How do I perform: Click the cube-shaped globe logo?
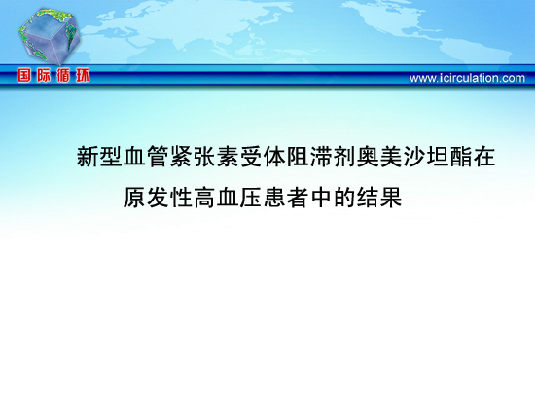point(50,36)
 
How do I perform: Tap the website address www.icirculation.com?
point(467,78)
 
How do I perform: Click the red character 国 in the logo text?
point(24,75)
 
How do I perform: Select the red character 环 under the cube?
point(83,75)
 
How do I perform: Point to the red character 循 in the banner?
point(63,75)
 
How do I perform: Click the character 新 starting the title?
point(88,157)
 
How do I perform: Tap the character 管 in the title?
point(158,157)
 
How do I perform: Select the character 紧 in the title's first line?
point(181,157)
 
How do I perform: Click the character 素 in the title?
point(228,157)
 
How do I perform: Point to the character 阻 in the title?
point(298,157)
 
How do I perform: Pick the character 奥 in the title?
point(368,157)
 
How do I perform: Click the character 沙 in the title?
point(413,157)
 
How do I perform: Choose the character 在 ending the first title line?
point(483,157)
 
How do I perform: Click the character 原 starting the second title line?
point(134,197)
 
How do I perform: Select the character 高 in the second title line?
point(204,197)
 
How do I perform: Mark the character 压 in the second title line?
point(251,197)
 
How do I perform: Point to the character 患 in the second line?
point(274,197)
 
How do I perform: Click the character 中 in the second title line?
point(321,197)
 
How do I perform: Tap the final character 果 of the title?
point(391,197)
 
